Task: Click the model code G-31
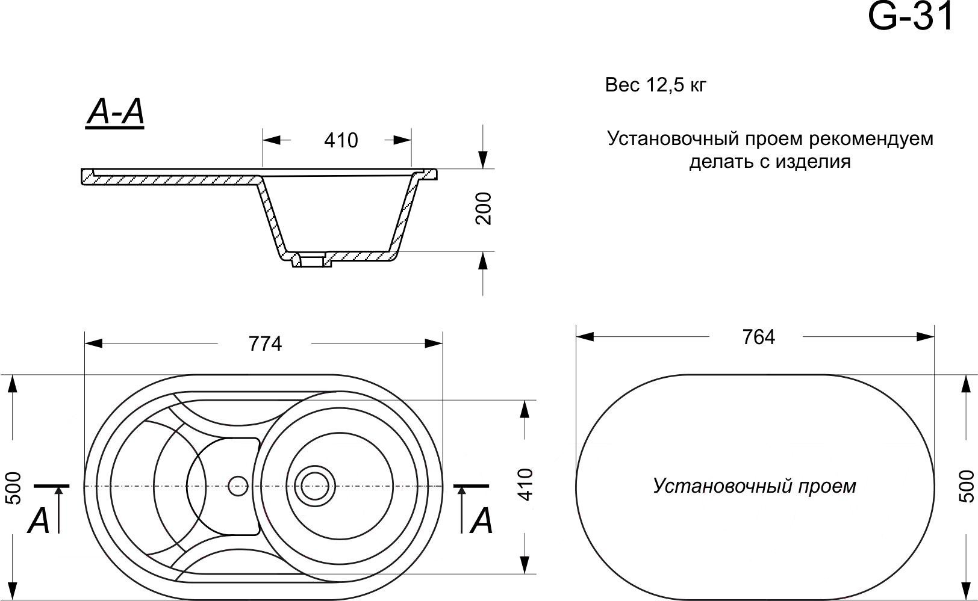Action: pos(910,17)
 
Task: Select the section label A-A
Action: pos(115,112)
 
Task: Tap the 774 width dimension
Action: pos(265,344)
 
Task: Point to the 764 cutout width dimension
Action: pos(759,337)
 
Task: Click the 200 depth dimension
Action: pos(484,209)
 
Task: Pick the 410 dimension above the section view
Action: pos(341,140)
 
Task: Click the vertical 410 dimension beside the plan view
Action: pos(526,484)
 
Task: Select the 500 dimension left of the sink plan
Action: pos(14,489)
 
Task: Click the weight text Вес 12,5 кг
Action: pos(655,85)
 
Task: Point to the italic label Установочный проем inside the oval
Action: pos(755,486)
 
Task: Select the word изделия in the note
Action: pos(813,162)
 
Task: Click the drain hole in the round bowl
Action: pos(314,485)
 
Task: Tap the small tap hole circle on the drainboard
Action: pos(238,485)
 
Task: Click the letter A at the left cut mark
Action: pos(39,521)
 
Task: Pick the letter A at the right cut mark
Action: pos(481,521)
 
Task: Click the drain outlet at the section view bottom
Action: pos(312,260)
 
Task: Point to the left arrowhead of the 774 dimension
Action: pos(93,344)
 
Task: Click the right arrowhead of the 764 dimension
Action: pos(925,337)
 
